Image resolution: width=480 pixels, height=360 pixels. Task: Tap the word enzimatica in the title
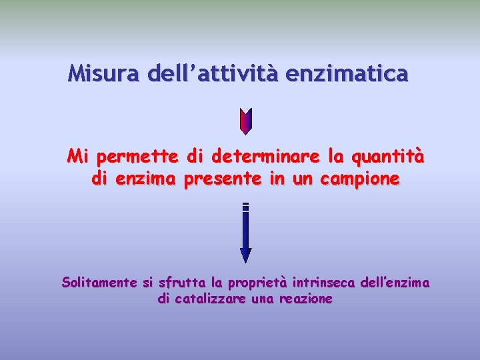(346, 73)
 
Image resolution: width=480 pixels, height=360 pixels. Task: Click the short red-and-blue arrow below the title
(245, 121)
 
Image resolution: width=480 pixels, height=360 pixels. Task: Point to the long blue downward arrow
(245, 233)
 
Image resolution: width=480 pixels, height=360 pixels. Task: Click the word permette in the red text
(137, 158)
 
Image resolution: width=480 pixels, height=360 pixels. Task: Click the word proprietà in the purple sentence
(254, 283)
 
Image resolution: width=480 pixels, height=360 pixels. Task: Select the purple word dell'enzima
(393, 283)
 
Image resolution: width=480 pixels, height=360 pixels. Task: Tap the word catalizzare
(208, 299)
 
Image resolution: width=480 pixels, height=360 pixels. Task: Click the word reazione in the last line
(306, 299)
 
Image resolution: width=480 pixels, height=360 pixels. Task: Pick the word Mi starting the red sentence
(78, 158)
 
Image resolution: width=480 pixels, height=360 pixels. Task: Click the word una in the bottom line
(261, 299)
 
